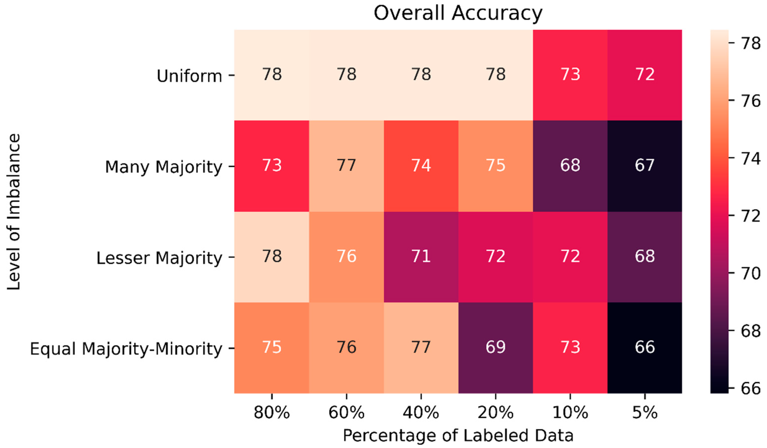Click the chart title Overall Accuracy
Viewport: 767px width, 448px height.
point(458,13)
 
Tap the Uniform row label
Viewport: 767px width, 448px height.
point(189,76)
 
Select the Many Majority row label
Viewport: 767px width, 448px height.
point(163,167)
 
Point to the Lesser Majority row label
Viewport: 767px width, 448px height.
point(159,258)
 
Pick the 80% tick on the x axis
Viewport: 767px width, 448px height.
point(272,413)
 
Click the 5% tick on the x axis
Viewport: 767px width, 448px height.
point(645,413)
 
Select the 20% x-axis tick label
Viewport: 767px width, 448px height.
point(496,413)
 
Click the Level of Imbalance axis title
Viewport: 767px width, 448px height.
point(14,212)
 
